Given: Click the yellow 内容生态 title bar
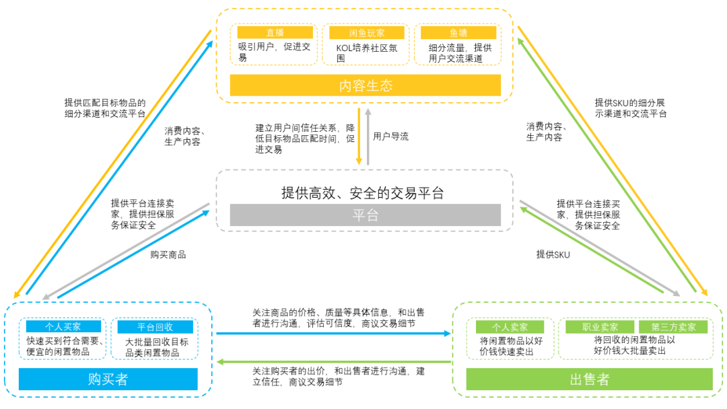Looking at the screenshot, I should click(x=365, y=85).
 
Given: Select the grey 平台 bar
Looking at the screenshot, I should click(x=365, y=215).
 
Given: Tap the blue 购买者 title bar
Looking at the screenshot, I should click(x=108, y=379).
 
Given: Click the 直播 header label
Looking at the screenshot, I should click(x=275, y=32).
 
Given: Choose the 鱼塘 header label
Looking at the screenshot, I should click(x=458, y=32).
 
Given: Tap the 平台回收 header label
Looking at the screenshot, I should click(x=155, y=327).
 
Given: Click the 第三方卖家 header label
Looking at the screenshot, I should click(x=673, y=327).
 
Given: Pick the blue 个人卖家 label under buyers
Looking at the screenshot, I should click(x=62, y=327).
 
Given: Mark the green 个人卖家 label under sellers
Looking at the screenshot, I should click(x=509, y=327).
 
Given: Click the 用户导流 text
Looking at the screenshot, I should click(x=390, y=136).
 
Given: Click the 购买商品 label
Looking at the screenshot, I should click(x=168, y=254).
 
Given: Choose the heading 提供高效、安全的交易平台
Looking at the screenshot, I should click(x=363, y=193).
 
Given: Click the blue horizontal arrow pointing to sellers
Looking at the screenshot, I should click(x=333, y=333).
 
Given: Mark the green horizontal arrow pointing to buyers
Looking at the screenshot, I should click(x=333, y=362).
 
